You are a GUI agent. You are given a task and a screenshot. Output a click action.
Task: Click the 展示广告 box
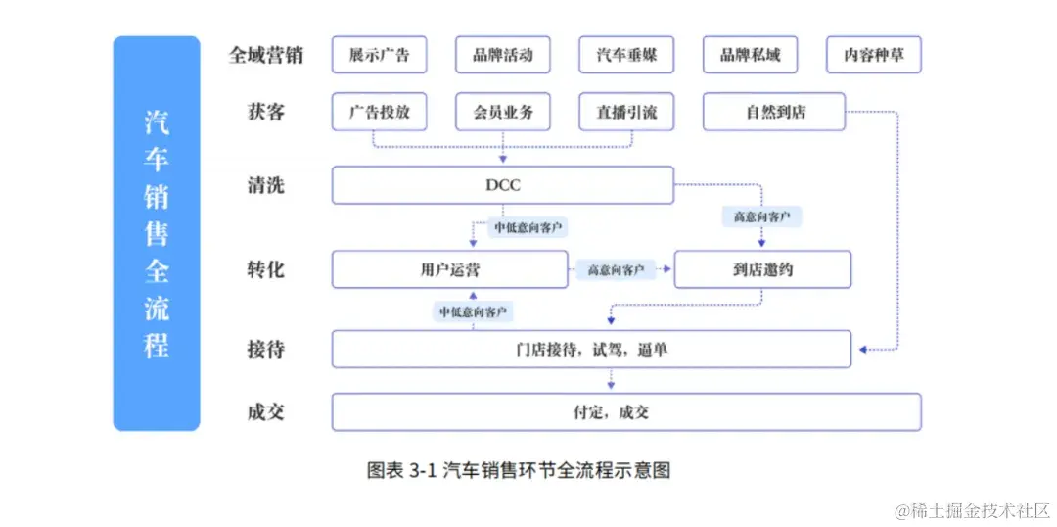(379, 55)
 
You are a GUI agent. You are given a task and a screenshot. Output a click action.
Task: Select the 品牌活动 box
(503, 55)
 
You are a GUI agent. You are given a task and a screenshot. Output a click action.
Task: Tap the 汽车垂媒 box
(626, 55)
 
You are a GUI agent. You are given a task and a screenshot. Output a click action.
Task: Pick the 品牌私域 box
(750, 55)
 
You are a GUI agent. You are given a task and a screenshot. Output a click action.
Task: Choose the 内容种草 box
(874, 55)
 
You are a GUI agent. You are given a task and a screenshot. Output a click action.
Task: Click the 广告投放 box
(379, 113)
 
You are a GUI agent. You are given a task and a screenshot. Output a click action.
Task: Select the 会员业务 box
(503, 113)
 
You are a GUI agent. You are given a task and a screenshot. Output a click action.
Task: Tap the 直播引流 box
(626, 113)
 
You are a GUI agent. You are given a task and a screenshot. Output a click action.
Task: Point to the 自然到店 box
(773, 113)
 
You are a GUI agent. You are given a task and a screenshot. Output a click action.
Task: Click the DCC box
(503, 185)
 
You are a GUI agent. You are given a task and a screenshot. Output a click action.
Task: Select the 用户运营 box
(449, 269)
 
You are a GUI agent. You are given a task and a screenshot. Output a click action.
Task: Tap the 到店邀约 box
(762, 269)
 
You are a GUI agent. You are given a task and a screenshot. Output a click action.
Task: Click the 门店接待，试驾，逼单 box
(591, 349)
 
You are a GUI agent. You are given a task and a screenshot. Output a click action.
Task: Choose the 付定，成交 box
(626, 412)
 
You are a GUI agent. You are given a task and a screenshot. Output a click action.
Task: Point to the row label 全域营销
(265, 55)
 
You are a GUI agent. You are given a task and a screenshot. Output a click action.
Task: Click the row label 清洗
(265, 185)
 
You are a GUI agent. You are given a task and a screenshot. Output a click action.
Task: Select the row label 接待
(265, 349)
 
